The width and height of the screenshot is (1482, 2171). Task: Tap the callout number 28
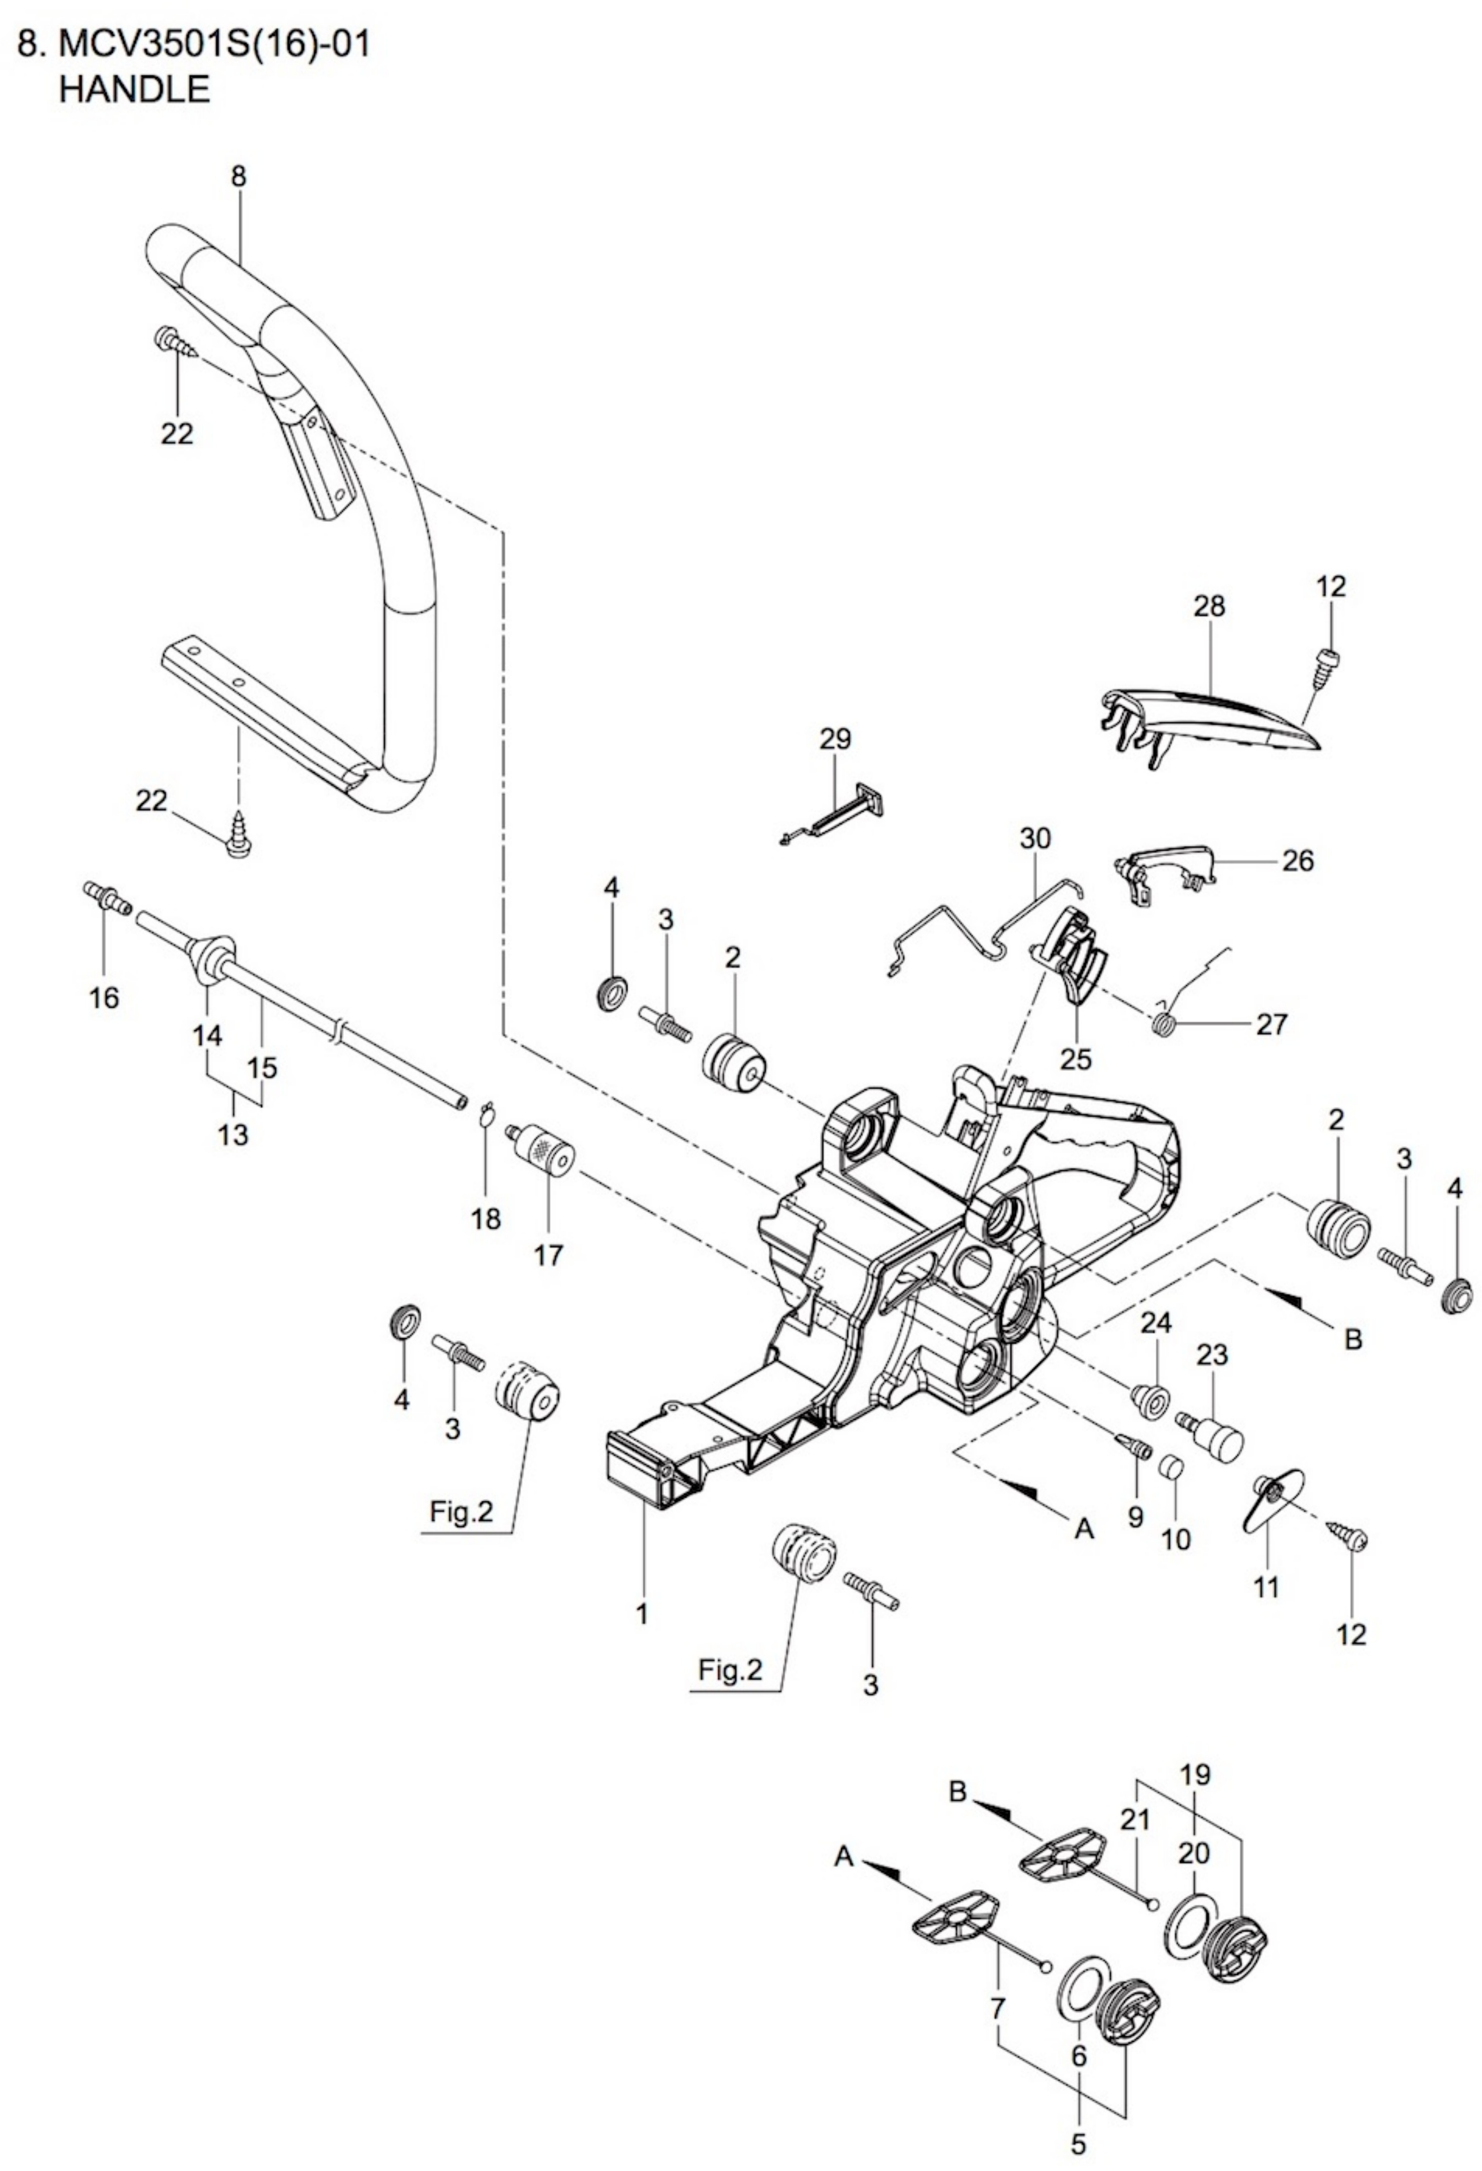(x=1209, y=606)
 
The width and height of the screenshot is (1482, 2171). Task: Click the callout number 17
(x=548, y=1254)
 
